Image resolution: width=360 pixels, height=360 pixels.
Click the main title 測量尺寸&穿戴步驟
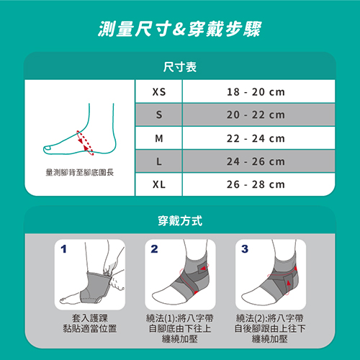click(x=179, y=29)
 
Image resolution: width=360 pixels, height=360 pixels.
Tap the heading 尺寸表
click(x=180, y=67)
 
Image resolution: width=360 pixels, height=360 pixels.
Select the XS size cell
click(x=159, y=91)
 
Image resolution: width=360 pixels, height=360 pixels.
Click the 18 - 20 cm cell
click(x=256, y=91)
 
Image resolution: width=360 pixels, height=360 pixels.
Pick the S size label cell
click(x=159, y=114)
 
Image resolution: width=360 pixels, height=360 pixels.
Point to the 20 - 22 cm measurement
click(x=256, y=114)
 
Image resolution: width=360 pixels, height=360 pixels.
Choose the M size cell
click(x=159, y=138)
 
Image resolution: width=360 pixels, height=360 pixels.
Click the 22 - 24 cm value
click(x=256, y=138)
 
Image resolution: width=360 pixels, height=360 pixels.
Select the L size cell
click(x=159, y=161)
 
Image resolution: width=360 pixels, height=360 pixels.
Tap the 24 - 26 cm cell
click(x=256, y=161)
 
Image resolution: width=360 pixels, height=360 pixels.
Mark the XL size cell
click(x=159, y=184)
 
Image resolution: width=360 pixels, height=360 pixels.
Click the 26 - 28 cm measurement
click(x=256, y=184)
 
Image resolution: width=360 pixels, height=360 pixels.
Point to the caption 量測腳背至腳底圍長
click(x=80, y=172)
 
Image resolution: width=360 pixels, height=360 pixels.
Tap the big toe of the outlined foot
click(x=48, y=149)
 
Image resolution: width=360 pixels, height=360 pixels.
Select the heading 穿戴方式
click(x=180, y=221)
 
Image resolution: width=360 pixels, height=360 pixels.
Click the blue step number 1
click(x=63, y=249)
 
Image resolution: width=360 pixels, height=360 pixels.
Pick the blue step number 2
click(x=154, y=249)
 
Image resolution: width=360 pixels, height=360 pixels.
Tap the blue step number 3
click(x=245, y=249)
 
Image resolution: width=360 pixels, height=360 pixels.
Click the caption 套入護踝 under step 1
click(x=90, y=318)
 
